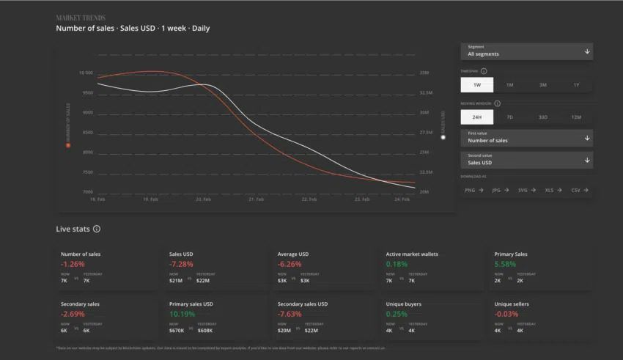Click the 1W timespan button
click(x=476, y=85)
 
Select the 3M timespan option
click(x=542, y=85)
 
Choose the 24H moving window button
click(x=476, y=117)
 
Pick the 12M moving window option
click(x=576, y=117)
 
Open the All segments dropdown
click(x=526, y=51)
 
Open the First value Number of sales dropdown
click(x=526, y=138)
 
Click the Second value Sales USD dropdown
click(x=526, y=160)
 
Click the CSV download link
click(x=580, y=190)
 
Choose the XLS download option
click(x=553, y=190)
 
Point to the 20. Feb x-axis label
click(x=203, y=199)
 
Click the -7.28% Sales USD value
click(x=181, y=264)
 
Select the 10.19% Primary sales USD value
click(x=182, y=314)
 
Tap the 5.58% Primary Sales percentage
click(x=505, y=264)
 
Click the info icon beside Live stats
click(x=97, y=229)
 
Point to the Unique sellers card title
click(x=511, y=304)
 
